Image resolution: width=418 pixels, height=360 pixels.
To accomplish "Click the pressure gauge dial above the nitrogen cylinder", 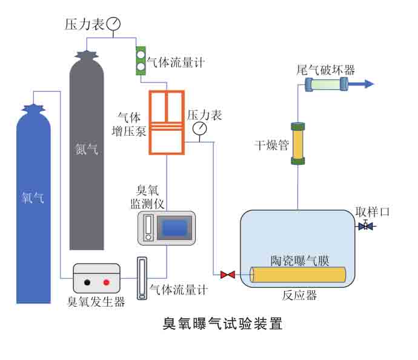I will click(113, 24).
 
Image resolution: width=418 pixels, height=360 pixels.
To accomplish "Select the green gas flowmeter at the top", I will click(141, 61).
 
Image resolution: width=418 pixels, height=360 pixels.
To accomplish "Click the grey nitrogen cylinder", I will click(87, 152).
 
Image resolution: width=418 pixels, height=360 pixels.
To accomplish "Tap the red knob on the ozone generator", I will click(107, 282).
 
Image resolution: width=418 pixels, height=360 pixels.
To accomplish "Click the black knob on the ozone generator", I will click(88, 282).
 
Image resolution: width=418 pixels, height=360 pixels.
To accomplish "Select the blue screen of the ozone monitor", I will click(174, 228).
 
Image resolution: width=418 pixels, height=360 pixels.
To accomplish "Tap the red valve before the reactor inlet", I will click(228, 275).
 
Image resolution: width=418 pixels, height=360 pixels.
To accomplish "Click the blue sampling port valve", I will click(365, 226).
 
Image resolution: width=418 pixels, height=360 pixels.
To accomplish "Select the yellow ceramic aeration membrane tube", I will click(298, 275).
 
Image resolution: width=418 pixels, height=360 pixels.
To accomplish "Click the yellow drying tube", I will click(297, 144).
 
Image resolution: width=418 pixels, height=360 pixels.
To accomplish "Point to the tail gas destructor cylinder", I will click(326, 85).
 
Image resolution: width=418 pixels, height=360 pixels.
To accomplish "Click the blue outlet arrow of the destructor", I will click(364, 85).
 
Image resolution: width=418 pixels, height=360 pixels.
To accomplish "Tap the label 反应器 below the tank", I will click(299, 296).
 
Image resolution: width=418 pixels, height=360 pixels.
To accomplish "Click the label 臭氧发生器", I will click(96, 301).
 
